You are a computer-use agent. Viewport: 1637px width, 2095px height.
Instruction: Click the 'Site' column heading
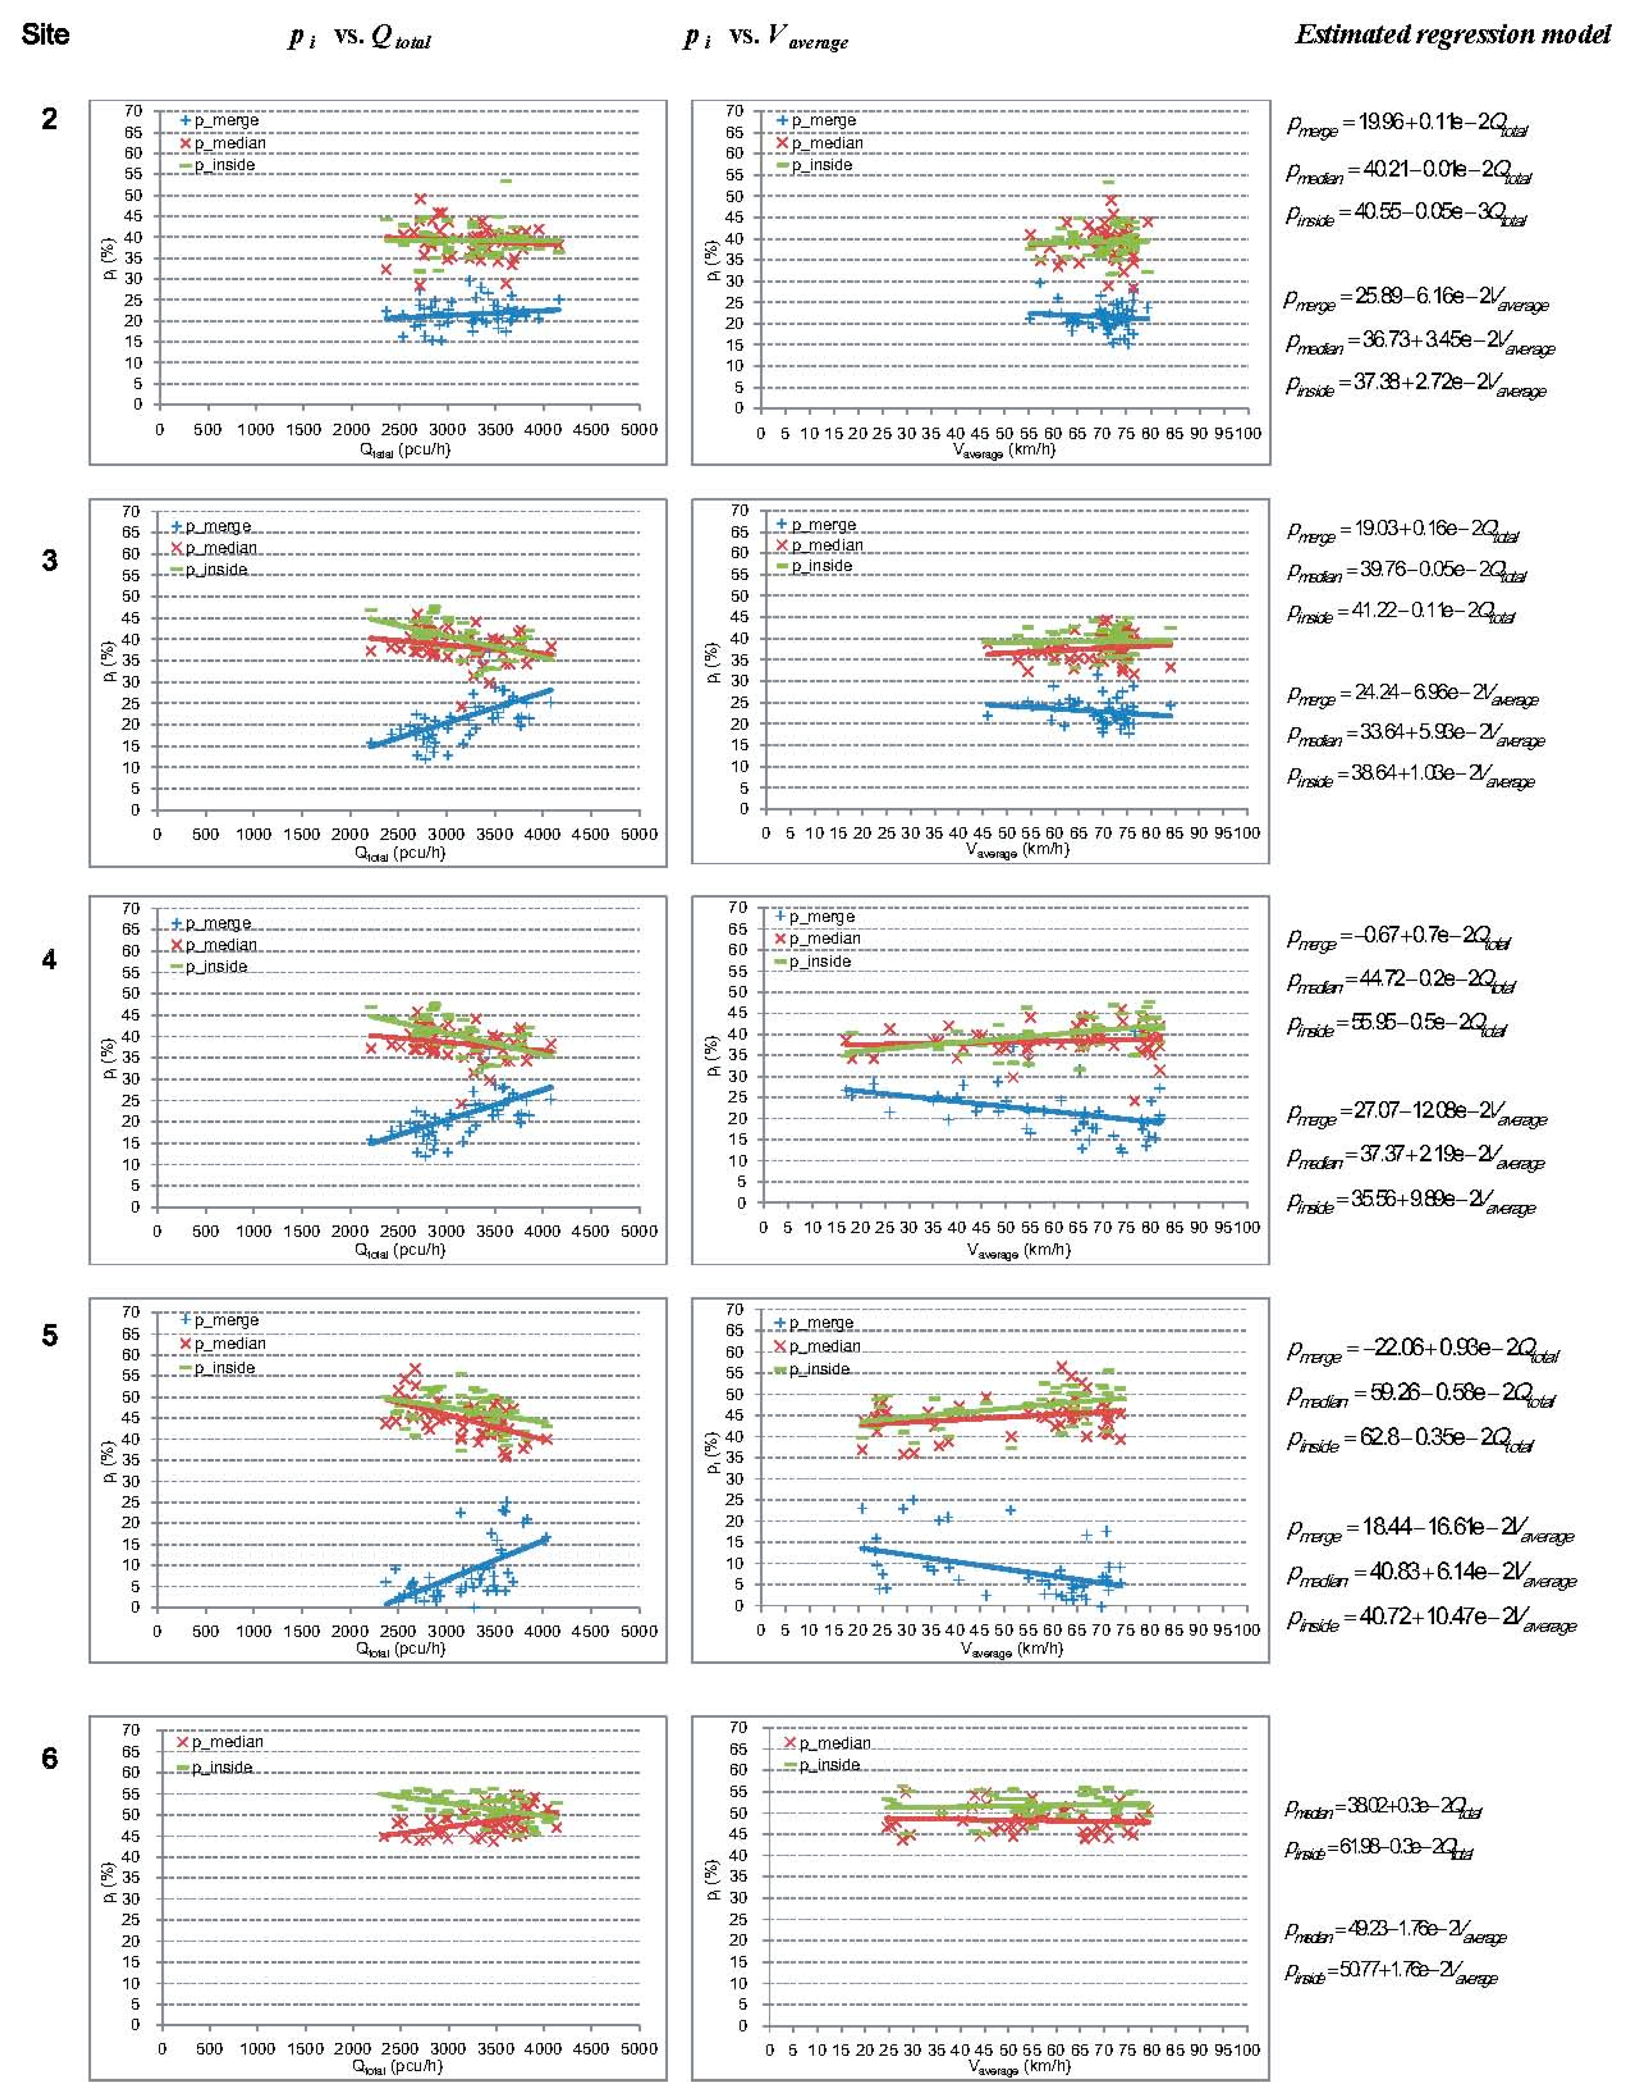point(45,36)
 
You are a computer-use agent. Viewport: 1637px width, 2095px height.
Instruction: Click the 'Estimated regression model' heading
point(1452,36)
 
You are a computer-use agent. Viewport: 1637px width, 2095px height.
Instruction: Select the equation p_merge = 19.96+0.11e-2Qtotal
point(1407,126)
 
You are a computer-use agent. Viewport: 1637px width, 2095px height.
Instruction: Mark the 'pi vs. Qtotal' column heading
point(360,38)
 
